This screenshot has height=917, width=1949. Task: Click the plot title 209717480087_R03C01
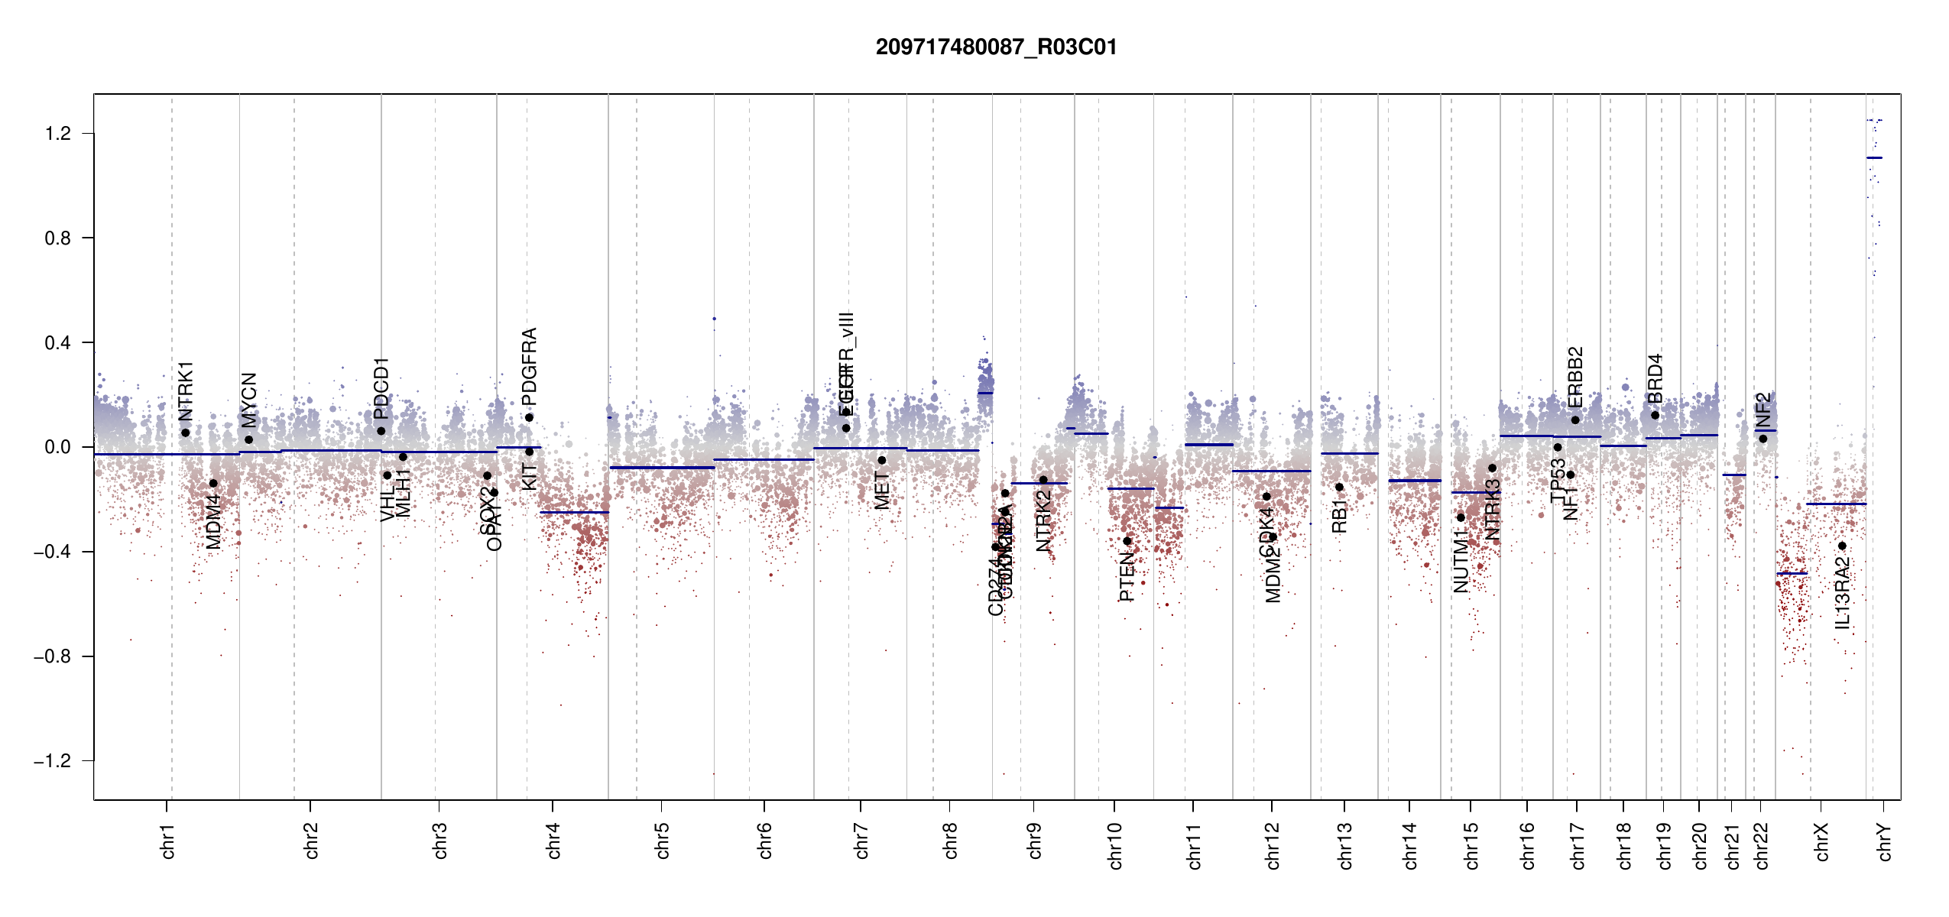click(996, 47)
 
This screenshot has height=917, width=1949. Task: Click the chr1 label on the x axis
click(168, 841)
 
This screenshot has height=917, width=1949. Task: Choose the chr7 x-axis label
click(861, 841)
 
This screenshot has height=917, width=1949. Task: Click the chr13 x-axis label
click(1345, 845)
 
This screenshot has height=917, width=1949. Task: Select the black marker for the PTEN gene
click(1127, 541)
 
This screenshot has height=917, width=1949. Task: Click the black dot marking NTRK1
click(185, 433)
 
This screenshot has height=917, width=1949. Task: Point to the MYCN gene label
click(249, 400)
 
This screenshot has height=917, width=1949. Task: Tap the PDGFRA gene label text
click(529, 366)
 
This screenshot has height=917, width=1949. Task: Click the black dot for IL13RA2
click(1842, 546)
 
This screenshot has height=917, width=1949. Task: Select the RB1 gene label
click(1339, 517)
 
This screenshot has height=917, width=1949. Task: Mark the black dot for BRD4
click(1655, 415)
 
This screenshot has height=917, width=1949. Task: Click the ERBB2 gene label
click(1575, 377)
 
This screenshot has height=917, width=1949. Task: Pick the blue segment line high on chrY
click(1874, 157)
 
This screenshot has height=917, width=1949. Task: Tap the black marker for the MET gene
click(881, 460)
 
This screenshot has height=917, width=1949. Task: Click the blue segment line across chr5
click(662, 467)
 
